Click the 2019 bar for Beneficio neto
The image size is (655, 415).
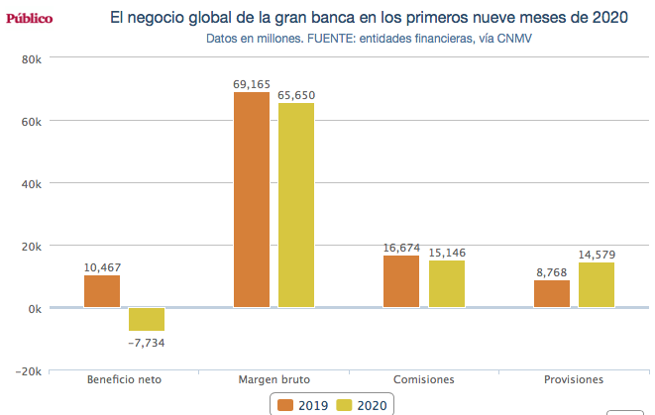[102, 291]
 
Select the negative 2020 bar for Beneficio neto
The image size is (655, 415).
[147, 319]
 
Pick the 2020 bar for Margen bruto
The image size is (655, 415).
[296, 205]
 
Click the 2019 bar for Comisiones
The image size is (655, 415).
[401, 281]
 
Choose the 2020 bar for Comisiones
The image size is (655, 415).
[446, 284]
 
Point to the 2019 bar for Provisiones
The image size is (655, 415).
[552, 294]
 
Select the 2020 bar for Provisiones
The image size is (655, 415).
[597, 285]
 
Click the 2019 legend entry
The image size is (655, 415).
[302, 404]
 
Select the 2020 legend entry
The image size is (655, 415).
[362, 404]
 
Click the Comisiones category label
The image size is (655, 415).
[423, 379]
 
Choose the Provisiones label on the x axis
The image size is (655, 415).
[574, 379]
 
